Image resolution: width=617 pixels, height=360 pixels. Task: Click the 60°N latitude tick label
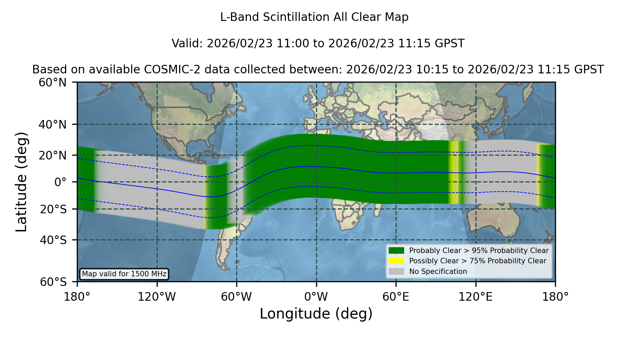(x=52, y=83)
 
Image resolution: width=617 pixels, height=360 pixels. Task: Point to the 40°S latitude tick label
(x=53, y=240)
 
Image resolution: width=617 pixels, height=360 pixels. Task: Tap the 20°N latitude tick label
(x=52, y=155)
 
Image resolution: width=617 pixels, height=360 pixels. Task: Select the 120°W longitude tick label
(x=157, y=297)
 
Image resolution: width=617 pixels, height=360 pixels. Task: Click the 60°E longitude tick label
(x=396, y=297)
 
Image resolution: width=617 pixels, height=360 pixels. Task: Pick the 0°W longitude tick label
(x=316, y=297)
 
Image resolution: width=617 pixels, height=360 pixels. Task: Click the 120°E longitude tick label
(x=476, y=297)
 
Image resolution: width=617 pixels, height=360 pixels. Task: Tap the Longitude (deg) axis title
(x=316, y=314)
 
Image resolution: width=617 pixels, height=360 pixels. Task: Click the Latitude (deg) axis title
(x=21, y=182)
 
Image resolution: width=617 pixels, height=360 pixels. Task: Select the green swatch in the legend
(x=396, y=250)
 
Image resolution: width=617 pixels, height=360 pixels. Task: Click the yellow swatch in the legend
(x=396, y=261)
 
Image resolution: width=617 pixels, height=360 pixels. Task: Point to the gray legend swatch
(x=396, y=272)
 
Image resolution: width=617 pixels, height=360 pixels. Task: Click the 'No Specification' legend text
(x=438, y=272)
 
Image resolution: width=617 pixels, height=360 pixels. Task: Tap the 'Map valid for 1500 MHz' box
(x=124, y=274)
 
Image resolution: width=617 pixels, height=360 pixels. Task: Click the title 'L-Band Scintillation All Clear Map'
(x=314, y=17)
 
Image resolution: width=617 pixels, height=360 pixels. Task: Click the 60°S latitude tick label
(x=53, y=282)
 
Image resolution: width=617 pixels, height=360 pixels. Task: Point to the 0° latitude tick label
(x=60, y=182)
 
